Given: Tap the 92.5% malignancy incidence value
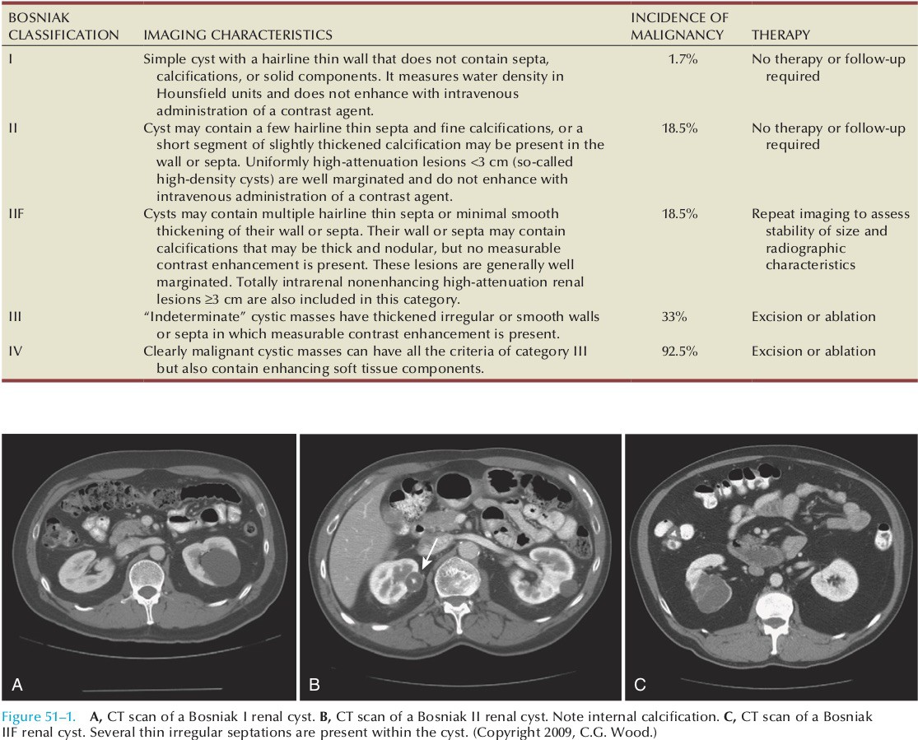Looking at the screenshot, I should click(x=679, y=351).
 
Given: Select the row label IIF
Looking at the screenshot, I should click(x=13, y=214).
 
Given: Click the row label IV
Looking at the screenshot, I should click(x=13, y=351).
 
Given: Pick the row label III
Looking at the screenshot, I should click(x=12, y=317).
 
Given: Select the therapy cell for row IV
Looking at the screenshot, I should click(x=813, y=351).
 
